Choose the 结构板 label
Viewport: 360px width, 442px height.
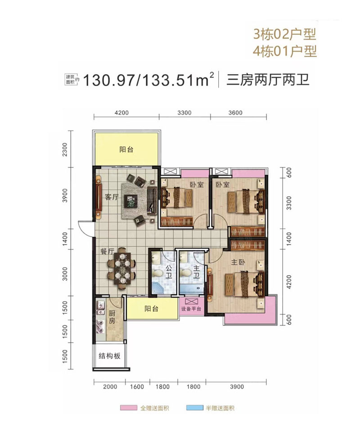coord(111,356)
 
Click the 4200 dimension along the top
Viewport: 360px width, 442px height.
coord(121,113)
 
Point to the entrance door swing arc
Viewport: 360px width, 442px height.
coord(84,228)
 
